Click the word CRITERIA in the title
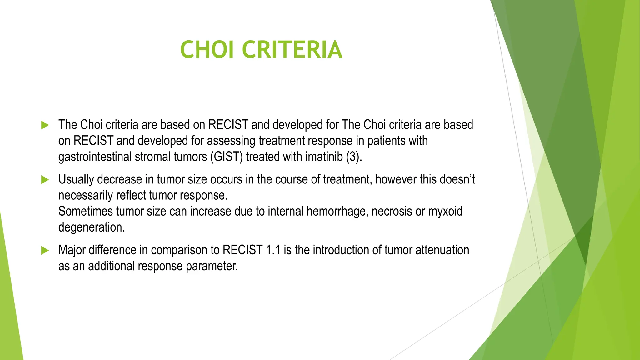point(292,50)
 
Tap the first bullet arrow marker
point(45,125)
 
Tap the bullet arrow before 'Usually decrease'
point(45,180)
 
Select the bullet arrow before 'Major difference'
point(45,250)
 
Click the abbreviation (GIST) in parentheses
point(226,157)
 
